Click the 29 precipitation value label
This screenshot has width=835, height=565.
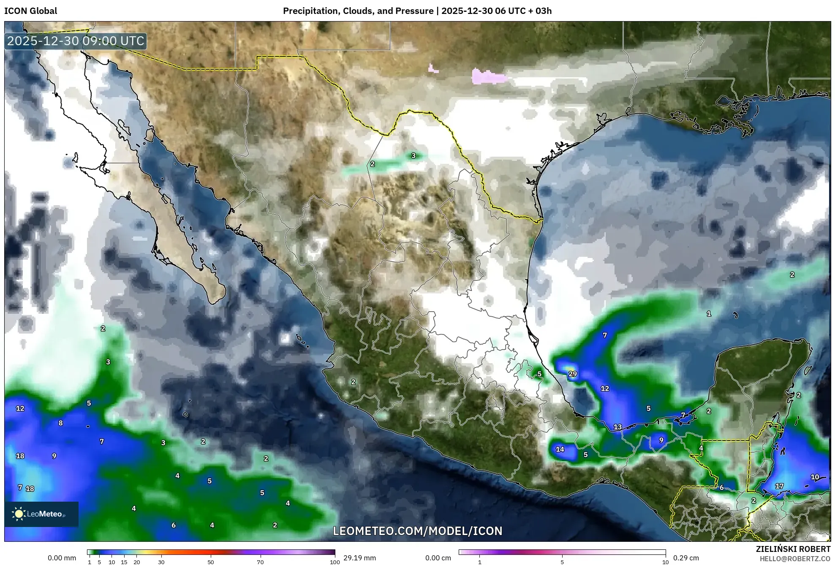click(572, 374)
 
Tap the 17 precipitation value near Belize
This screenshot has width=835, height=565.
click(779, 486)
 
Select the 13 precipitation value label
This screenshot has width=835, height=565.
click(617, 427)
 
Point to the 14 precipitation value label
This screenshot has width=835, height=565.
click(560, 449)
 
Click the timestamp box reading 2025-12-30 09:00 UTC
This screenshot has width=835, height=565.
click(76, 41)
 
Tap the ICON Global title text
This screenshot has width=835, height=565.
click(30, 11)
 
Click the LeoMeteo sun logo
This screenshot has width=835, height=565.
click(19, 514)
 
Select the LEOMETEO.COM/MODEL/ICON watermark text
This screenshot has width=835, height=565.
click(417, 531)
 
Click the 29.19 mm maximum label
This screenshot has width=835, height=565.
click(359, 558)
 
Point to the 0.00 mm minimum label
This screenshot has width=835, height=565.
click(62, 558)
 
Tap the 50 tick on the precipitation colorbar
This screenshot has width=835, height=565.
click(211, 562)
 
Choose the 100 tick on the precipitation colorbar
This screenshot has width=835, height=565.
click(335, 562)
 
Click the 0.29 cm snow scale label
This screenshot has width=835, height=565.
click(686, 558)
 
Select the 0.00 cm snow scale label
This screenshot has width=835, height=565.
click(438, 558)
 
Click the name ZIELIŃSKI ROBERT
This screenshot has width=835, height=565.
click(793, 549)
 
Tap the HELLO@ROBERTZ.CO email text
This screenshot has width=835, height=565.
click(795, 559)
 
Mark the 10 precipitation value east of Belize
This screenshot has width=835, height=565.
click(815, 477)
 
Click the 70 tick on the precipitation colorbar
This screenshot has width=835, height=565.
click(260, 562)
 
